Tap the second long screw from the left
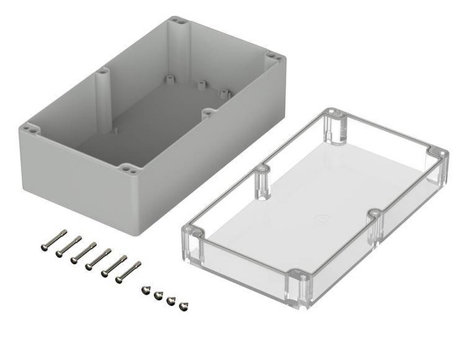click(68, 245)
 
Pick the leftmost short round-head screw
click(145, 290)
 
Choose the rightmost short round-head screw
click(184, 306)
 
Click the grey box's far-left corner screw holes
click(30, 128)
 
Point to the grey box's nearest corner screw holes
click(128, 167)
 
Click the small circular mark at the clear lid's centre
click(321, 220)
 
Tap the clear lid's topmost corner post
click(335, 125)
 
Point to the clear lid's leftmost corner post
click(194, 240)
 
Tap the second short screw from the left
click(158, 295)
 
